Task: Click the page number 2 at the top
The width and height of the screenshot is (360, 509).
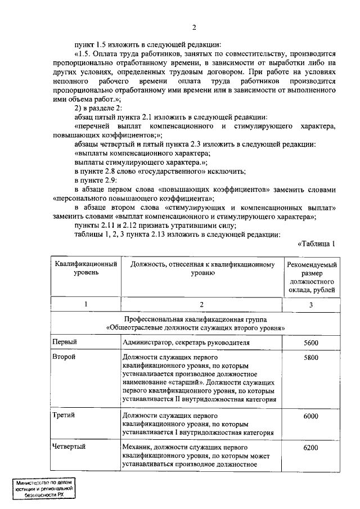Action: pyautogui.click(x=194, y=29)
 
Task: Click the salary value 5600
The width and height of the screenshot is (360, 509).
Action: pyautogui.click(x=310, y=342)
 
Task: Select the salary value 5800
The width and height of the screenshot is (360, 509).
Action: pyautogui.click(x=310, y=358)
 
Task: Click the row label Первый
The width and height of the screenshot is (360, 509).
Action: pyautogui.click(x=64, y=342)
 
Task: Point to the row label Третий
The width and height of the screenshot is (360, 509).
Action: pyautogui.click(x=64, y=416)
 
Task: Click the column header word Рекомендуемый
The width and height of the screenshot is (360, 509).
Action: pyautogui.click(x=312, y=264)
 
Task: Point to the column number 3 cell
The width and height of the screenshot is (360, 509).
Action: pyautogui.click(x=311, y=304)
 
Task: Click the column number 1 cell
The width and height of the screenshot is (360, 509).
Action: pyautogui.click(x=86, y=304)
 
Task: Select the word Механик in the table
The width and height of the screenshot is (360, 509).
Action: pyautogui.click(x=136, y=447)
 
